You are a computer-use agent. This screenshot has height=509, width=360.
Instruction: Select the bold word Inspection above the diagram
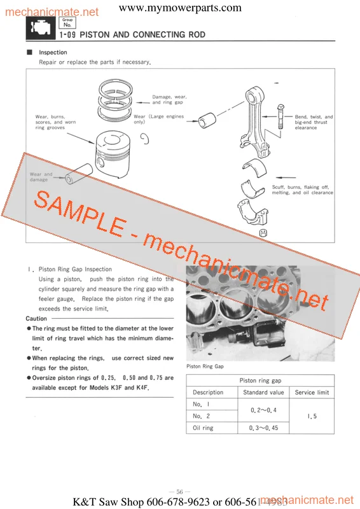(x=53, y=52)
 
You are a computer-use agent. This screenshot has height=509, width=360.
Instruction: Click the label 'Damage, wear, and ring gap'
(x=169, y=99)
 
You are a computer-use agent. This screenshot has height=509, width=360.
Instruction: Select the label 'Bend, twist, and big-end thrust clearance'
(x=313, y=122)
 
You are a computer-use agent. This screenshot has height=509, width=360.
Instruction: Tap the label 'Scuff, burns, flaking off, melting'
(x=302, y=190)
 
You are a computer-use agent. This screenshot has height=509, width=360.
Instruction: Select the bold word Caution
(x=36, y=319)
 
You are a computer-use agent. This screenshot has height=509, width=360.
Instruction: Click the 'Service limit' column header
(x=312, y=393)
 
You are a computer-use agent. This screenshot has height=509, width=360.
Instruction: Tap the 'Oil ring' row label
(x=203, y=428)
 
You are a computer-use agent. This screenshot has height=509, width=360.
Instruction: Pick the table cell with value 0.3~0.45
(x=263, y=428)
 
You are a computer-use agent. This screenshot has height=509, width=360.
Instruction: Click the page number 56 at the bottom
(x=179, y=492)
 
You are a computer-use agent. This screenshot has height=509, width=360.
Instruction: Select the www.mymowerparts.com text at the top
(x=180, y=8)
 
